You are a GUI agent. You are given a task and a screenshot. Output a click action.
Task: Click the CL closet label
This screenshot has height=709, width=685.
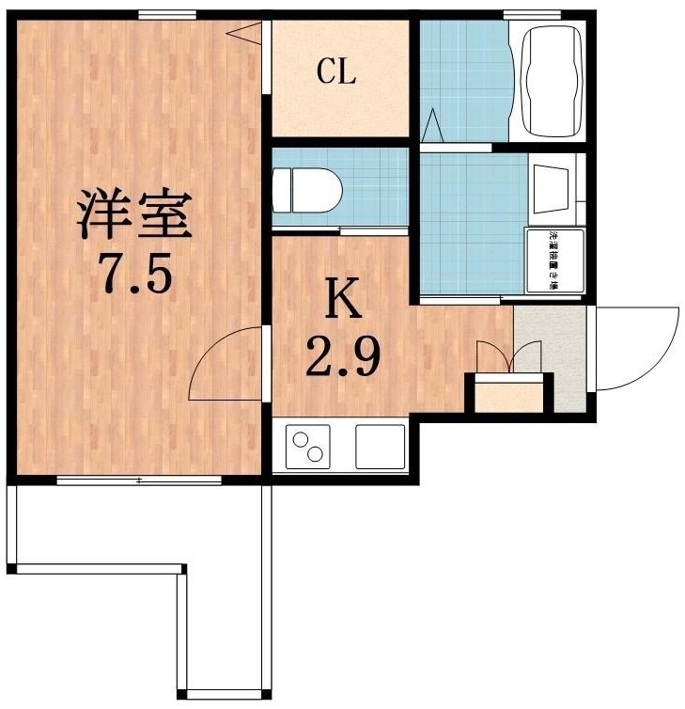pos(336,72)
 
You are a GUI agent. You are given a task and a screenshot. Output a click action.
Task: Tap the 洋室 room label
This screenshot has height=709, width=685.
pos(134,214)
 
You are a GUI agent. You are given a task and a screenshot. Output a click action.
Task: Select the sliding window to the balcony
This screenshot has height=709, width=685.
pos(138,481)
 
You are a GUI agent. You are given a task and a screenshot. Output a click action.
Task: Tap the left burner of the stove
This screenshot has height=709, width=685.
pos(303,440)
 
